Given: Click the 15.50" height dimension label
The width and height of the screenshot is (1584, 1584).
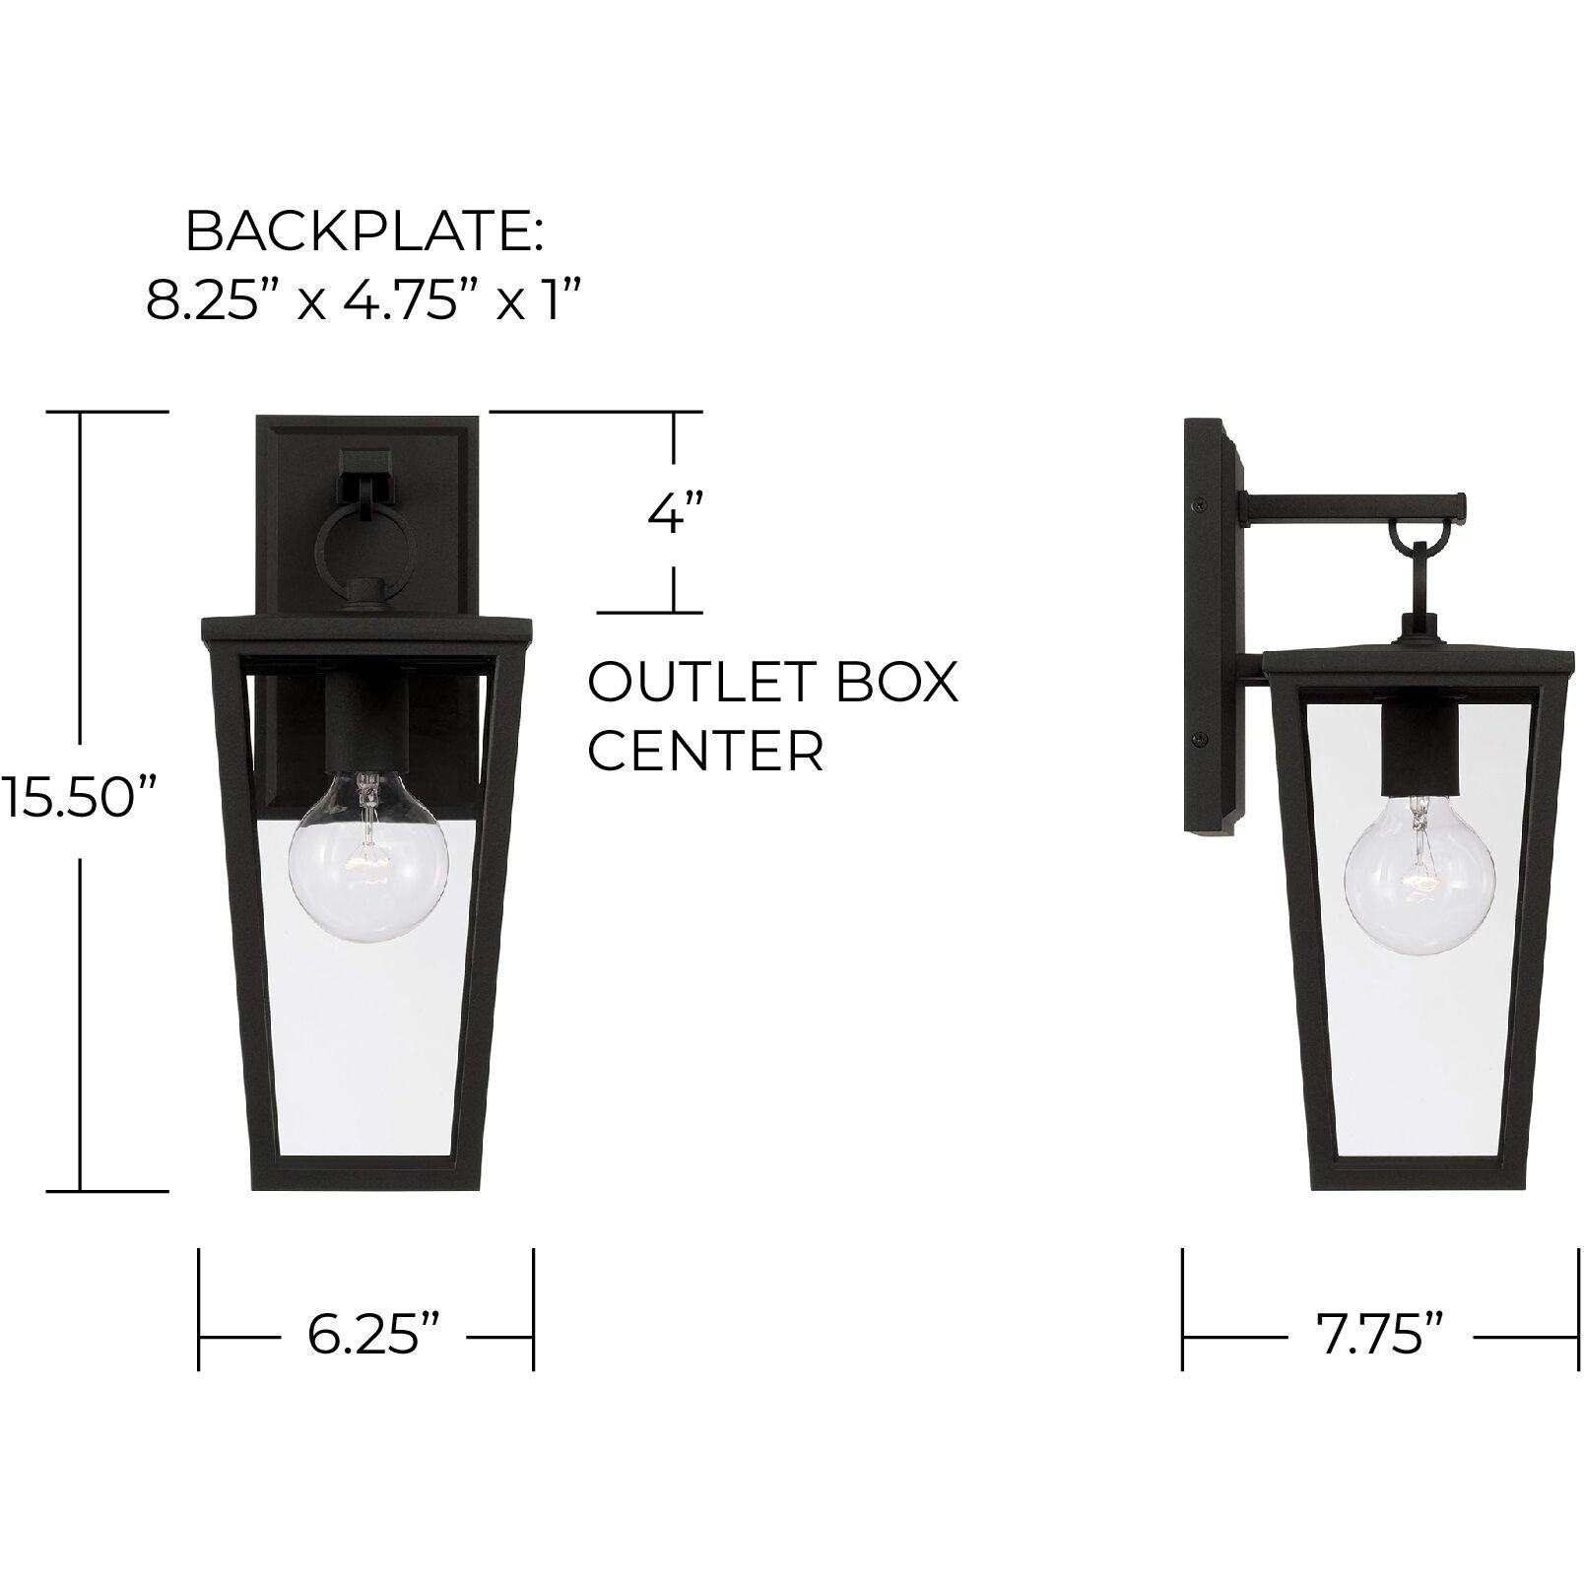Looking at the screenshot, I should [x=79, y=797].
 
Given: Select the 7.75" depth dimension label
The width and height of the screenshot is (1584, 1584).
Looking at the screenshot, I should [x=1379, y=1337].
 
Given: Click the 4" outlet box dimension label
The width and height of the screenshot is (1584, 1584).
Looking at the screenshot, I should [x=675, y=513].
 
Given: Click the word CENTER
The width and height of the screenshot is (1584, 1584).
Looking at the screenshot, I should [x=705, y=752].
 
